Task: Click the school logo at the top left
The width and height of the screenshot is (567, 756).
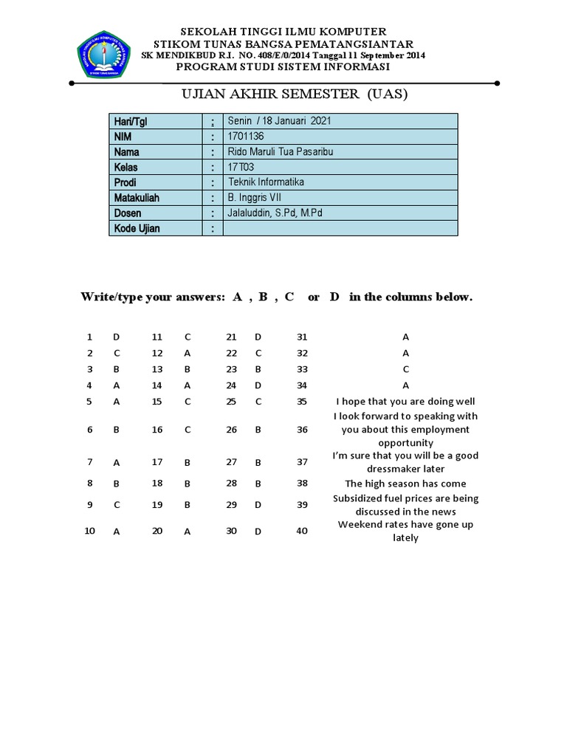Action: coord(103,54)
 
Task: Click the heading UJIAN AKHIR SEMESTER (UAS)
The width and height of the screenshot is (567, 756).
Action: coord(294,94)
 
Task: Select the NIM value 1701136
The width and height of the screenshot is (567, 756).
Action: coord(246,137)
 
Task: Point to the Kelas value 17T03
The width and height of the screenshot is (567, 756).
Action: coord(241,168)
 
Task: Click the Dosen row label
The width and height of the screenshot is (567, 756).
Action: coord(127,213)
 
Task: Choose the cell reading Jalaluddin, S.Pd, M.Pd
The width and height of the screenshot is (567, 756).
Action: coord(275,213)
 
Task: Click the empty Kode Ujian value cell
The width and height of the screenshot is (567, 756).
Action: coord(340,229)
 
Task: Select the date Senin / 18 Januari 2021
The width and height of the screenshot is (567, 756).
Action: coord(279,121)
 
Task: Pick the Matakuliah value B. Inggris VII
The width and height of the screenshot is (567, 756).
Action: coord(255,198)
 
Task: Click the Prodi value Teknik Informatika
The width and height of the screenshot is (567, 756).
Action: coord(266,182)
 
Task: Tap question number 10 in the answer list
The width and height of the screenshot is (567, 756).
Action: coord(89,531)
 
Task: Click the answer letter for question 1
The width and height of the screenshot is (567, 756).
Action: coord(116,337)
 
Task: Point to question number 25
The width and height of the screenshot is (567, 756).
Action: coord(231,402)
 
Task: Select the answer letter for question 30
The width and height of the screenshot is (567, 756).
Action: coord(258,532)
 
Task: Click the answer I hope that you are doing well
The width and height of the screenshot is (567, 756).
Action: coord(405,402)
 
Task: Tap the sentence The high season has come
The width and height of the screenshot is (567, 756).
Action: coord(405,484)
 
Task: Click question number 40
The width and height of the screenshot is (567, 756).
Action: coord(302,531)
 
